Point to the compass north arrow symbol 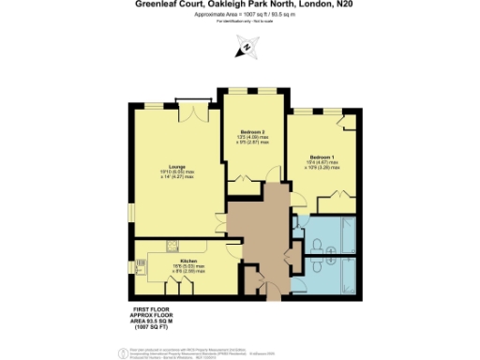[x=247, y=46]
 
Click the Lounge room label [x=176, y=168]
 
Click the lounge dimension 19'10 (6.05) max [x=176, y=174]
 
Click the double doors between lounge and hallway [x=228, y=225]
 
